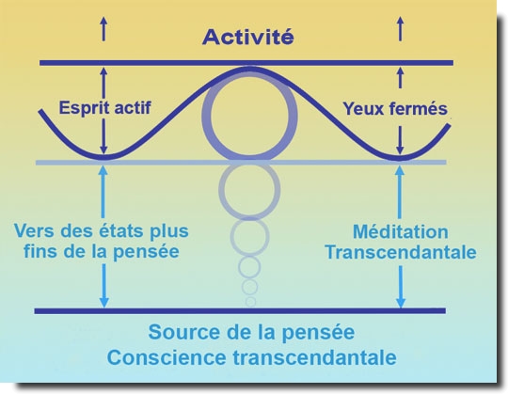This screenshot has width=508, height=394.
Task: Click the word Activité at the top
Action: click(x=248, y=37)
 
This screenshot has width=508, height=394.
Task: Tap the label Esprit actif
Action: click(x=104, y=107)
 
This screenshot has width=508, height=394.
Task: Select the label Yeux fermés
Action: click(x=395, y=108)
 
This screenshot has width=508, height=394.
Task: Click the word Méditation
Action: click(x=401, y=232)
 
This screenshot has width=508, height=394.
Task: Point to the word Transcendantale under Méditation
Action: click(x=401, y=252)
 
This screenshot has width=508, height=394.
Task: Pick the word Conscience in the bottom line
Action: click(x=167, y=357)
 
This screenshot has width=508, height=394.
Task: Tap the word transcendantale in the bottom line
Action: click(x=314, y=357)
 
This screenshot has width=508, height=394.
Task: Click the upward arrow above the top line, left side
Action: click(x=103, y=29)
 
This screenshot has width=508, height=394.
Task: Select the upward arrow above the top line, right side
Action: click(x=401, y=29)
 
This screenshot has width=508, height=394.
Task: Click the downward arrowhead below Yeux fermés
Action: click(x=400, y=150)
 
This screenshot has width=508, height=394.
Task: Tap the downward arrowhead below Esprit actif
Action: click(x=103, y=150)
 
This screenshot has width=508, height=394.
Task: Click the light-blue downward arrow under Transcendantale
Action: click(x=401, y=287)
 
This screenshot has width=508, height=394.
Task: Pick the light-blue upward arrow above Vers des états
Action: click(x=103, y=192)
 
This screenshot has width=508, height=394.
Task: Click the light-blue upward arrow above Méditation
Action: click(x=400, y=192)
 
